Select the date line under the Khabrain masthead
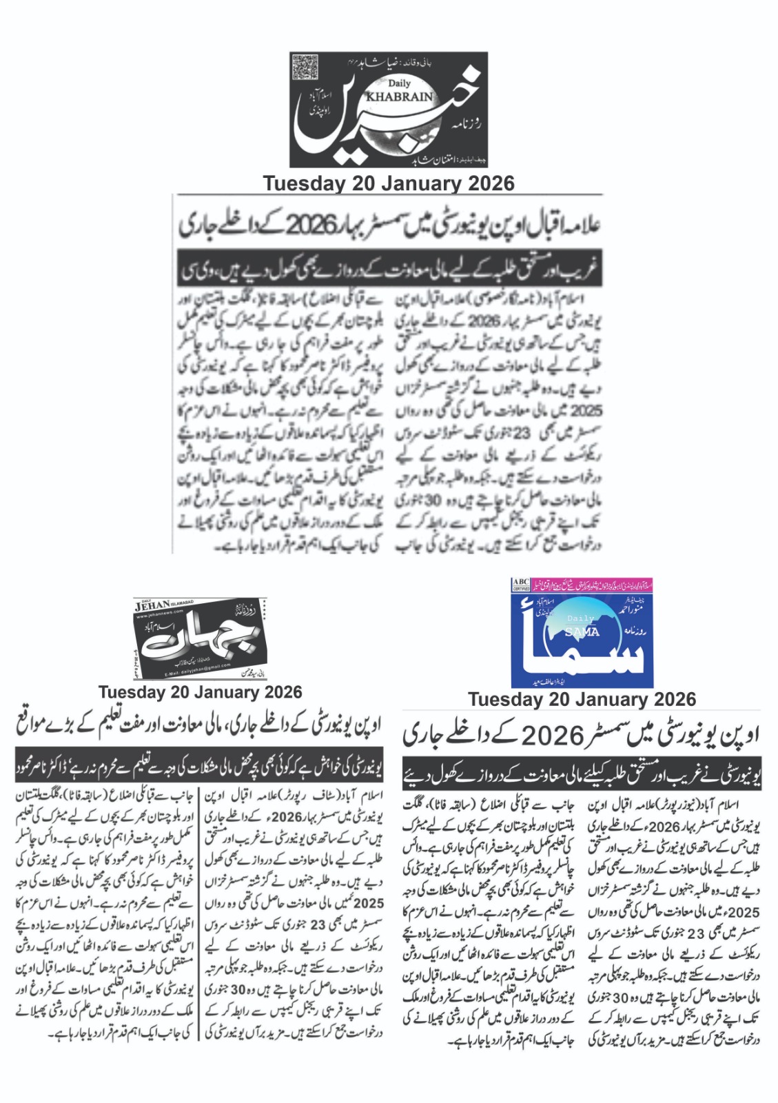tap(389, 183)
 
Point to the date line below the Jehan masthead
tap(200, 692)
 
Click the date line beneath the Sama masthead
tap(582, 699)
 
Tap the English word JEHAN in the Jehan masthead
tap(153, 607)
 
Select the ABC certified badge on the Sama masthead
tap(520, 586)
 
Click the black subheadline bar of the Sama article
tap(582, 777)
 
